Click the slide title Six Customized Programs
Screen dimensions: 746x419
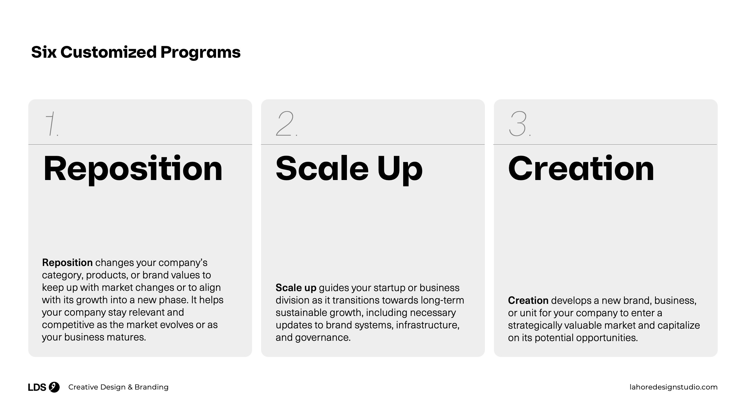coord(136,52)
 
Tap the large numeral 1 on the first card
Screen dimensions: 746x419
coord(51,124)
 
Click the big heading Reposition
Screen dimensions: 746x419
coord(133,169)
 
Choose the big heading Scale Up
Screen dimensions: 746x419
coord(349,169)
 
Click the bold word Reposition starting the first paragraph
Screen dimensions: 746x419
coord(67,263)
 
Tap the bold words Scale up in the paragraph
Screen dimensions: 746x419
coord(296,288)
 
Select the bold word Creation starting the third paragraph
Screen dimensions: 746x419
coord(528,300)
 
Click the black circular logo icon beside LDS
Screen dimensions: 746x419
coord(54,387)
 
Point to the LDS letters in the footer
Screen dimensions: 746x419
coord(37,387)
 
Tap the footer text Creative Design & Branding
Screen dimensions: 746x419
coord(118,387)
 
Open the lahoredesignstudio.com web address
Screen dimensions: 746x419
coord(674,387)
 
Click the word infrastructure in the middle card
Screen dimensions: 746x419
coord(427,325)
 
